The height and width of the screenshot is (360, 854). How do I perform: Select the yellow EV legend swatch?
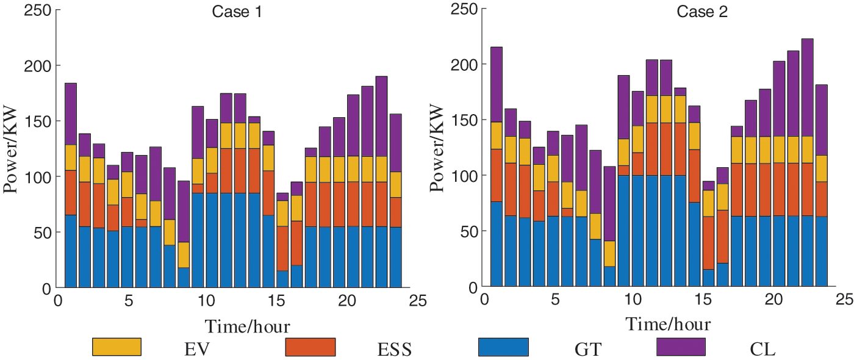[x=117, y=347]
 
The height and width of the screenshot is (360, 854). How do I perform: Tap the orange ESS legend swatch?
[x=310, y=347]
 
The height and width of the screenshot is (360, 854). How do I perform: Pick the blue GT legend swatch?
[x=503, y=347]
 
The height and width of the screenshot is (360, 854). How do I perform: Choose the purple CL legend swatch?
[x=681, y=347]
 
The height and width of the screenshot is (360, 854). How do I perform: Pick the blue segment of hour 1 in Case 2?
[x=496, y=244]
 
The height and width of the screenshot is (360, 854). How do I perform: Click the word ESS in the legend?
[x=394, y=350]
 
